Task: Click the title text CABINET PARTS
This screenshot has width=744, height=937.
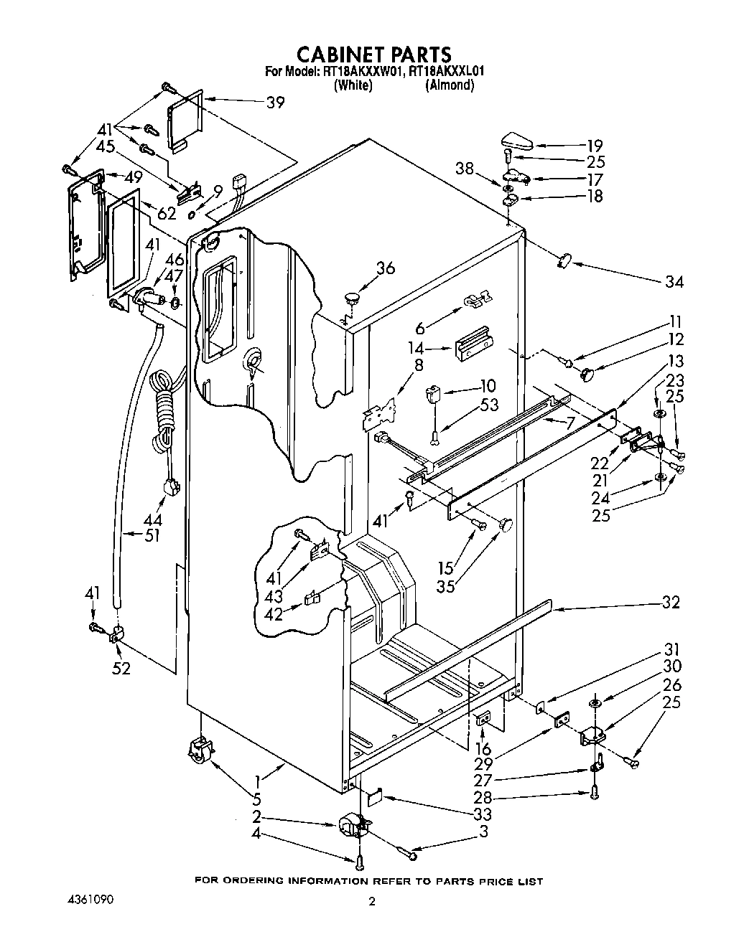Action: [374, 54]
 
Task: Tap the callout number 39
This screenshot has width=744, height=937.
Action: [274, 103]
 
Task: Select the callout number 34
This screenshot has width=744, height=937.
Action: [674, 281]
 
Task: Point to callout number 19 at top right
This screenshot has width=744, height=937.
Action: [595, 145]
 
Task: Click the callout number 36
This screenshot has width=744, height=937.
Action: [386, 268]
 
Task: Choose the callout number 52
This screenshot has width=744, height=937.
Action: [122, 668]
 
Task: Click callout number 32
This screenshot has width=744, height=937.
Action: [669, 603]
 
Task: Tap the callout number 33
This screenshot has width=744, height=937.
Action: [483, 814]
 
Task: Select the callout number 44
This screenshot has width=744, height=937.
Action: [152, 519]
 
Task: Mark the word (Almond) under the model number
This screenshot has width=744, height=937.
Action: [449, 85]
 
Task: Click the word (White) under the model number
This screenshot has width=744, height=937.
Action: [353, 85]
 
